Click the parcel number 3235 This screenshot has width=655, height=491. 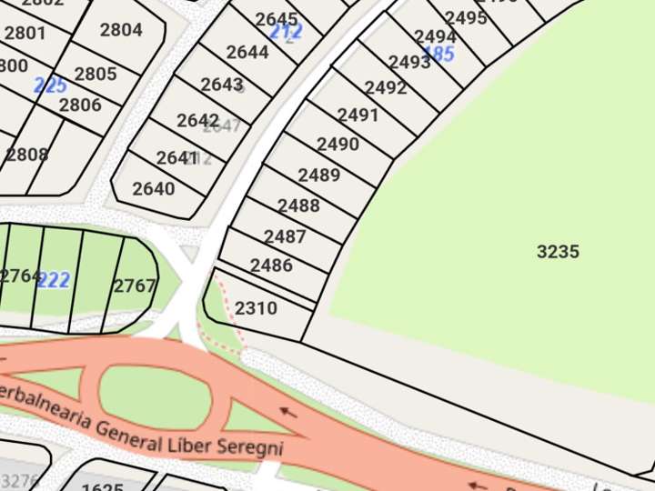coord(558,252)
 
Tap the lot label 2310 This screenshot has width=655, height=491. coord(256,308)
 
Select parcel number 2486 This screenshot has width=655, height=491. coord(271,266)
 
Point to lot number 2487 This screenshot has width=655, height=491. coord(285,236)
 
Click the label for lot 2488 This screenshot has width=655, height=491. coord(298,205)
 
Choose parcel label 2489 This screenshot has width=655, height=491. coord(318,175)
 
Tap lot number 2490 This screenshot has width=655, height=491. coord(338,145)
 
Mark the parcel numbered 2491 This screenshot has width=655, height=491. coord(358,115)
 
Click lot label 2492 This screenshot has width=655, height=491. coord(385,88)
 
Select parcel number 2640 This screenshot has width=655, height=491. coord(153,189)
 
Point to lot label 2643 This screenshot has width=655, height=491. coord(221,85)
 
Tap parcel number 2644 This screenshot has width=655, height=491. coord(247,52)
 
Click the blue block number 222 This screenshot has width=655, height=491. coord(54,280)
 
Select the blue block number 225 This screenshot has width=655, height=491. coord(50,85)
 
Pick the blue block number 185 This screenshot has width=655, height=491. coord(438,54)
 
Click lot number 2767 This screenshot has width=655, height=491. coord(135,286)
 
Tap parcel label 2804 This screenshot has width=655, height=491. coord(121,30)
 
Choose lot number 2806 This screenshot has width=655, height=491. coord(80,105)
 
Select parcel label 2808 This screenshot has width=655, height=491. coord(26,155)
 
